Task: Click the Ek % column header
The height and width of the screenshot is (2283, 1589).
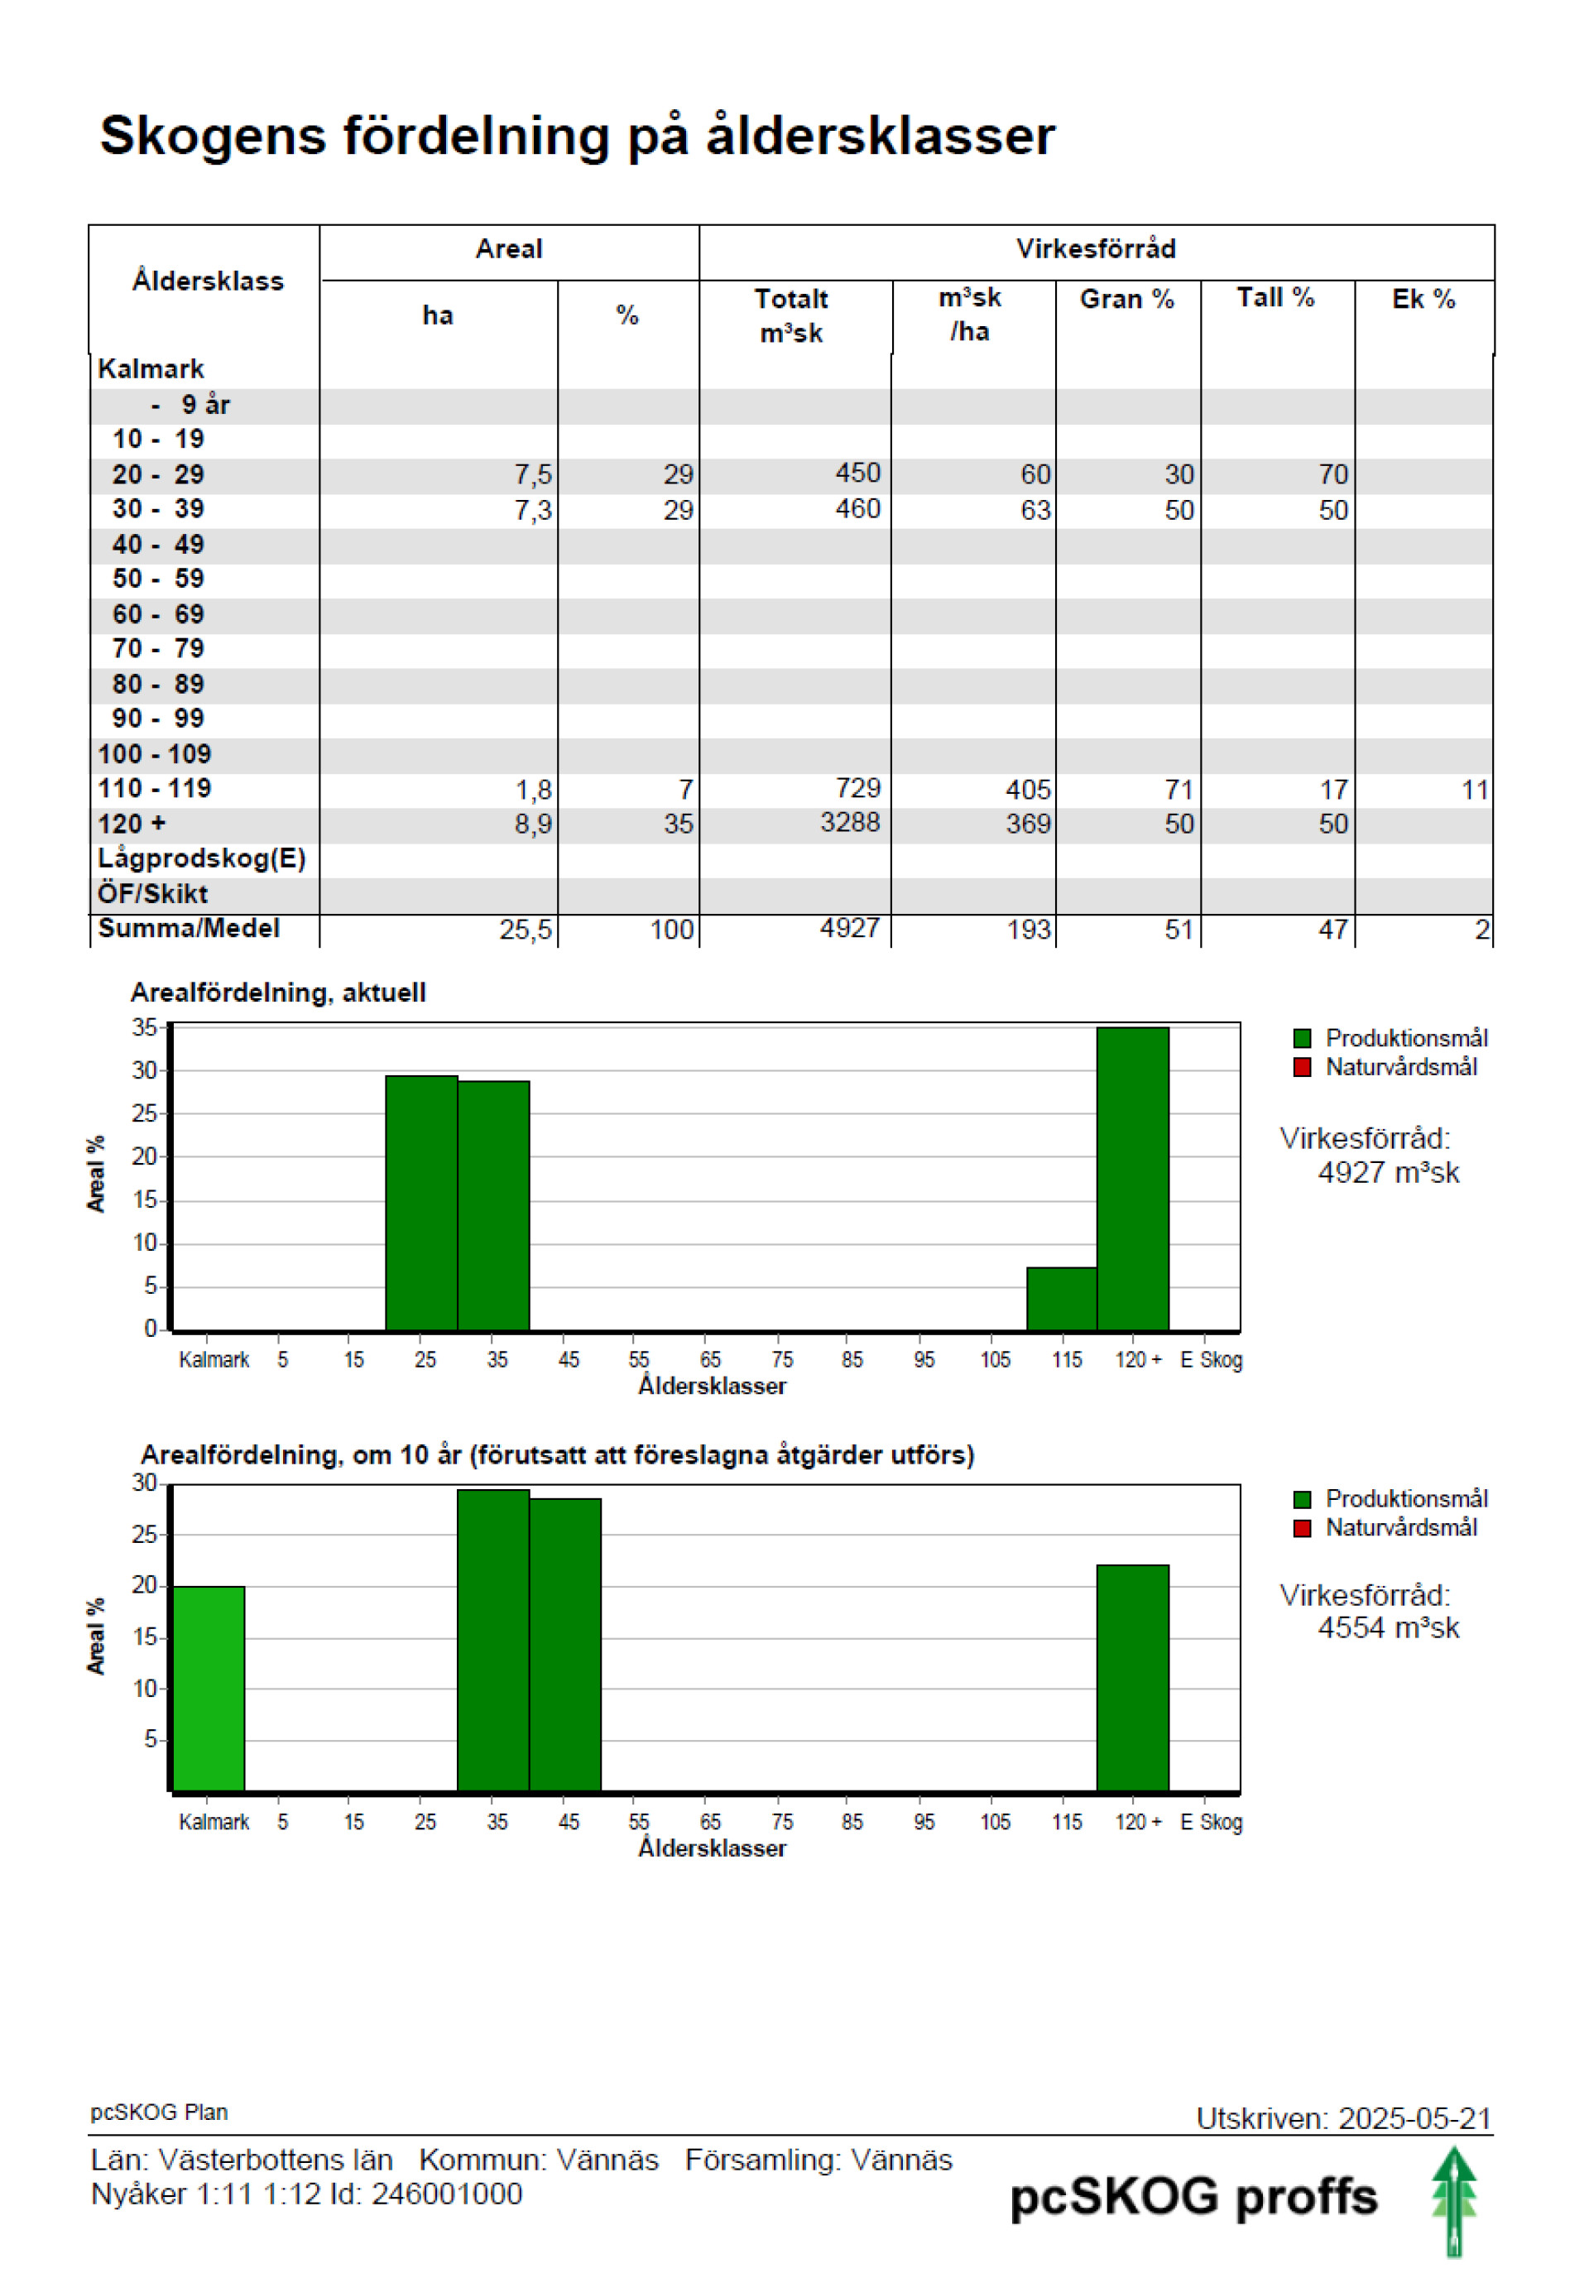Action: [x=1423, y=298]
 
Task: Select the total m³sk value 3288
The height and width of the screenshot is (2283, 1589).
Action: [x=849, y=822]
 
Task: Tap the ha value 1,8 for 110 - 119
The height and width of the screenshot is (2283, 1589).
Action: [x=533, y=790]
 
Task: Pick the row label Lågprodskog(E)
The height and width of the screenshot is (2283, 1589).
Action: [x=201, y=858]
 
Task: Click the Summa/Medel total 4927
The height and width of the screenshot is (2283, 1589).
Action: [x=849, y=928]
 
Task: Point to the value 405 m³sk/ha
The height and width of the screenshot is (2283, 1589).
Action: [x=1027, y=790]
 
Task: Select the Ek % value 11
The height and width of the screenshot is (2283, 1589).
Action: [x=1475, y=790]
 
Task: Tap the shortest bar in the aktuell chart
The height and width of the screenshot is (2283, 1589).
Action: [x=1062, y=1299]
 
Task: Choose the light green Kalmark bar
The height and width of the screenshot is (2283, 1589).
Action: [x=209, y=1689]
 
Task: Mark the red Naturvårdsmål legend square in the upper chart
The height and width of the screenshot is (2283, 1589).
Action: [x=1302, y=1067]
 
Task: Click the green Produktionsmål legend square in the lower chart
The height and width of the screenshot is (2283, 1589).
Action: [x=1302, y=1498]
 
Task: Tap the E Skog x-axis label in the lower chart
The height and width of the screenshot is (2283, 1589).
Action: [x=1211, y=1822]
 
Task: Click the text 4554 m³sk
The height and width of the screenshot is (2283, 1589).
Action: [x=1388, y=1627]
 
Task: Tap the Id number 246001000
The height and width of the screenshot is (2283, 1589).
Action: [x=446, y=2194]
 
